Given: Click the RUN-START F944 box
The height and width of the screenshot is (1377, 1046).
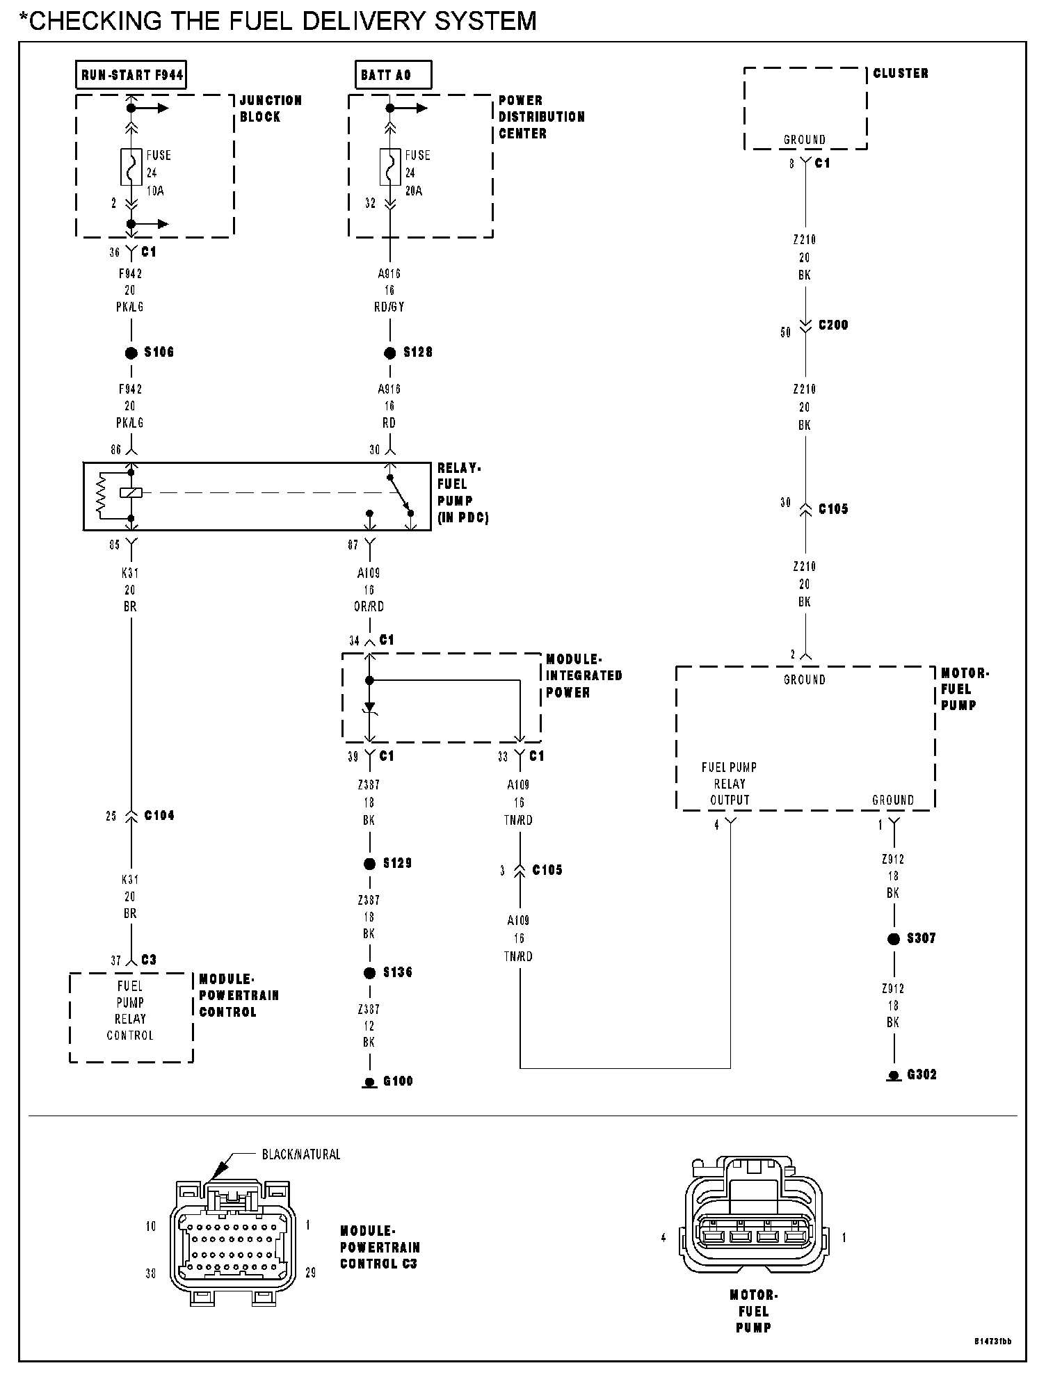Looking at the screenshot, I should pyautogui.click(x=131, y=75).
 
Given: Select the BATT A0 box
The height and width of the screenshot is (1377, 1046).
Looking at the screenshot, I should pyautogui.click(x=392, y=75).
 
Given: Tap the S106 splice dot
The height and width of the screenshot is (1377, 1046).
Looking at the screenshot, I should pyautogui.click(x=131, y=353).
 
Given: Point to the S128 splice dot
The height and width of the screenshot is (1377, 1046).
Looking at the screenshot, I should pyautogui.click(x=390, y=353).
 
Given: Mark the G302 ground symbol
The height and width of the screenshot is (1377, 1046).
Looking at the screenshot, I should pyautogui.click(x=894, y=1077).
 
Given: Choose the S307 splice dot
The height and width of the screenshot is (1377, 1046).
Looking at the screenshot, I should pyautogui.click(x=894, y=939).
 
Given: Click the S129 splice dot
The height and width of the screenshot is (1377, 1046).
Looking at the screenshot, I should pyautogui.click(x=370, y=864).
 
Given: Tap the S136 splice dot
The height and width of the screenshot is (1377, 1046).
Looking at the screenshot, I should pyautogui.click(x=370, y=973).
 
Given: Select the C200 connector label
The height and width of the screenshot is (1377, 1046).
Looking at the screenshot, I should pyautogui.click(x=833, y=325).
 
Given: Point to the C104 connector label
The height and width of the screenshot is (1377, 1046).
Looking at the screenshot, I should pyautogui.click(x=159, y=816).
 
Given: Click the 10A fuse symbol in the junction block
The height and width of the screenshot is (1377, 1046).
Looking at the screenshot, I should pyautogui.click(x=131, y=167).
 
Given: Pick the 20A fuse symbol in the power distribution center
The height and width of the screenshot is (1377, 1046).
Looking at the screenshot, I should pyautogui.click(x=390, y=167).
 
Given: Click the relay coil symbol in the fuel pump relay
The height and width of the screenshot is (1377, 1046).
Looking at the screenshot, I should pyautogui.click(x=131, y=492).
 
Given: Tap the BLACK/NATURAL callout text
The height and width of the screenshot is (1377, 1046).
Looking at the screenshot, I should pyautogui.click(x=300, y=1154).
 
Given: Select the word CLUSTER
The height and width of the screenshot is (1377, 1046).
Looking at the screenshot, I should pyautogui.click(x=901, y=73).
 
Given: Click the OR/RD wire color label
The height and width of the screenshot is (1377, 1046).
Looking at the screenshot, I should pyautogui.click(x=369, y=606).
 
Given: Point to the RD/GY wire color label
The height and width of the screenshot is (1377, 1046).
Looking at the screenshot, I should pyautogui.click(x=389, y=307).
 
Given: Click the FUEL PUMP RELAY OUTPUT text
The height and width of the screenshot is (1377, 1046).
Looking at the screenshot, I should pyautogui.click(x=729, y=784).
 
